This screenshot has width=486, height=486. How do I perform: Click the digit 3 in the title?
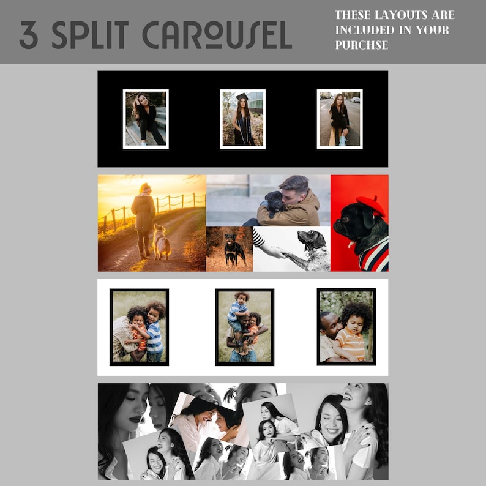28,36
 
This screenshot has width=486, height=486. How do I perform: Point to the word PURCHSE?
362,45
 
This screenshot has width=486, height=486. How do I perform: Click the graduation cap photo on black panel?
242,119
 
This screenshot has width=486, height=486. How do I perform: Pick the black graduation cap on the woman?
242,97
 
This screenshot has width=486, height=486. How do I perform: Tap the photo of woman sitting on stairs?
146,119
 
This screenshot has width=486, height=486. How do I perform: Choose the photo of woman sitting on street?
340,119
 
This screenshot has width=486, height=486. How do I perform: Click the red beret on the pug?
371,204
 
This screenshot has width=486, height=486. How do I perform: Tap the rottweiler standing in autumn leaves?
234,249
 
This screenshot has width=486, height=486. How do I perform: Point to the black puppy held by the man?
274,203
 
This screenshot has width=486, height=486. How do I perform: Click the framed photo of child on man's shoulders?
244,327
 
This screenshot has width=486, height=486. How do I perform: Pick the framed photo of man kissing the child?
346,327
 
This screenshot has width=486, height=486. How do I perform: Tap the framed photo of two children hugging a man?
139,327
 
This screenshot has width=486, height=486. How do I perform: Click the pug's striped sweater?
373,256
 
